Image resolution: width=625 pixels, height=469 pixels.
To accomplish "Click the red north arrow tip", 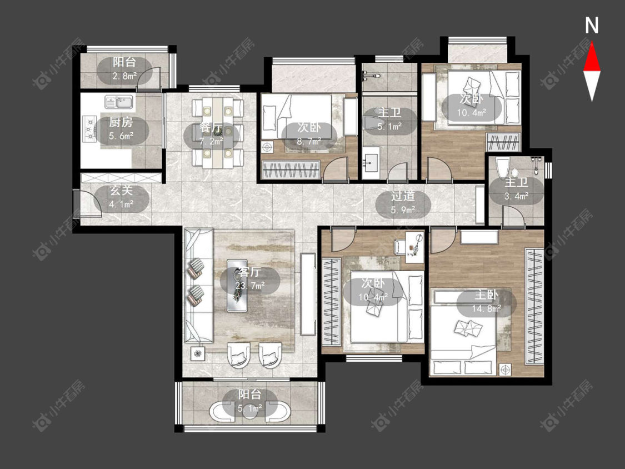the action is click(x=592, y=42).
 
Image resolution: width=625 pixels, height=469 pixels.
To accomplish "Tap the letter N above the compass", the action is click(x=592, y=26).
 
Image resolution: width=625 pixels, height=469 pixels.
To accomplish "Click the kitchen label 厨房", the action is click(x=121, y=122).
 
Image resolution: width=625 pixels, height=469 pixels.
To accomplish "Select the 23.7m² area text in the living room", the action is click(x=249, y=286).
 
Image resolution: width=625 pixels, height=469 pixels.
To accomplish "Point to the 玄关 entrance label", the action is click(x=121, y=190).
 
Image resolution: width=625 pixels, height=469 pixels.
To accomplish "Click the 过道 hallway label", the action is click(x=403, y=196).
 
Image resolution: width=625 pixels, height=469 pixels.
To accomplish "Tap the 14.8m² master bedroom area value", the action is click(x=486, y=308).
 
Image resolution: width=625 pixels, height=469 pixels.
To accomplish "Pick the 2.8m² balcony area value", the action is click(x=124, y=76).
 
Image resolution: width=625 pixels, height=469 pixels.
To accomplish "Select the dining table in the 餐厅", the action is click(x=218, y=132).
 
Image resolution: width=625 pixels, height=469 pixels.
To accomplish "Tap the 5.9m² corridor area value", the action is click(x=403, y=210).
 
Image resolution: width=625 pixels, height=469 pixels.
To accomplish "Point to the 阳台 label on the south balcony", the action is click(x=249, y=395).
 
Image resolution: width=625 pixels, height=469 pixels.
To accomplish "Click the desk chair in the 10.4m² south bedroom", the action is click(x=400, y=246).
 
